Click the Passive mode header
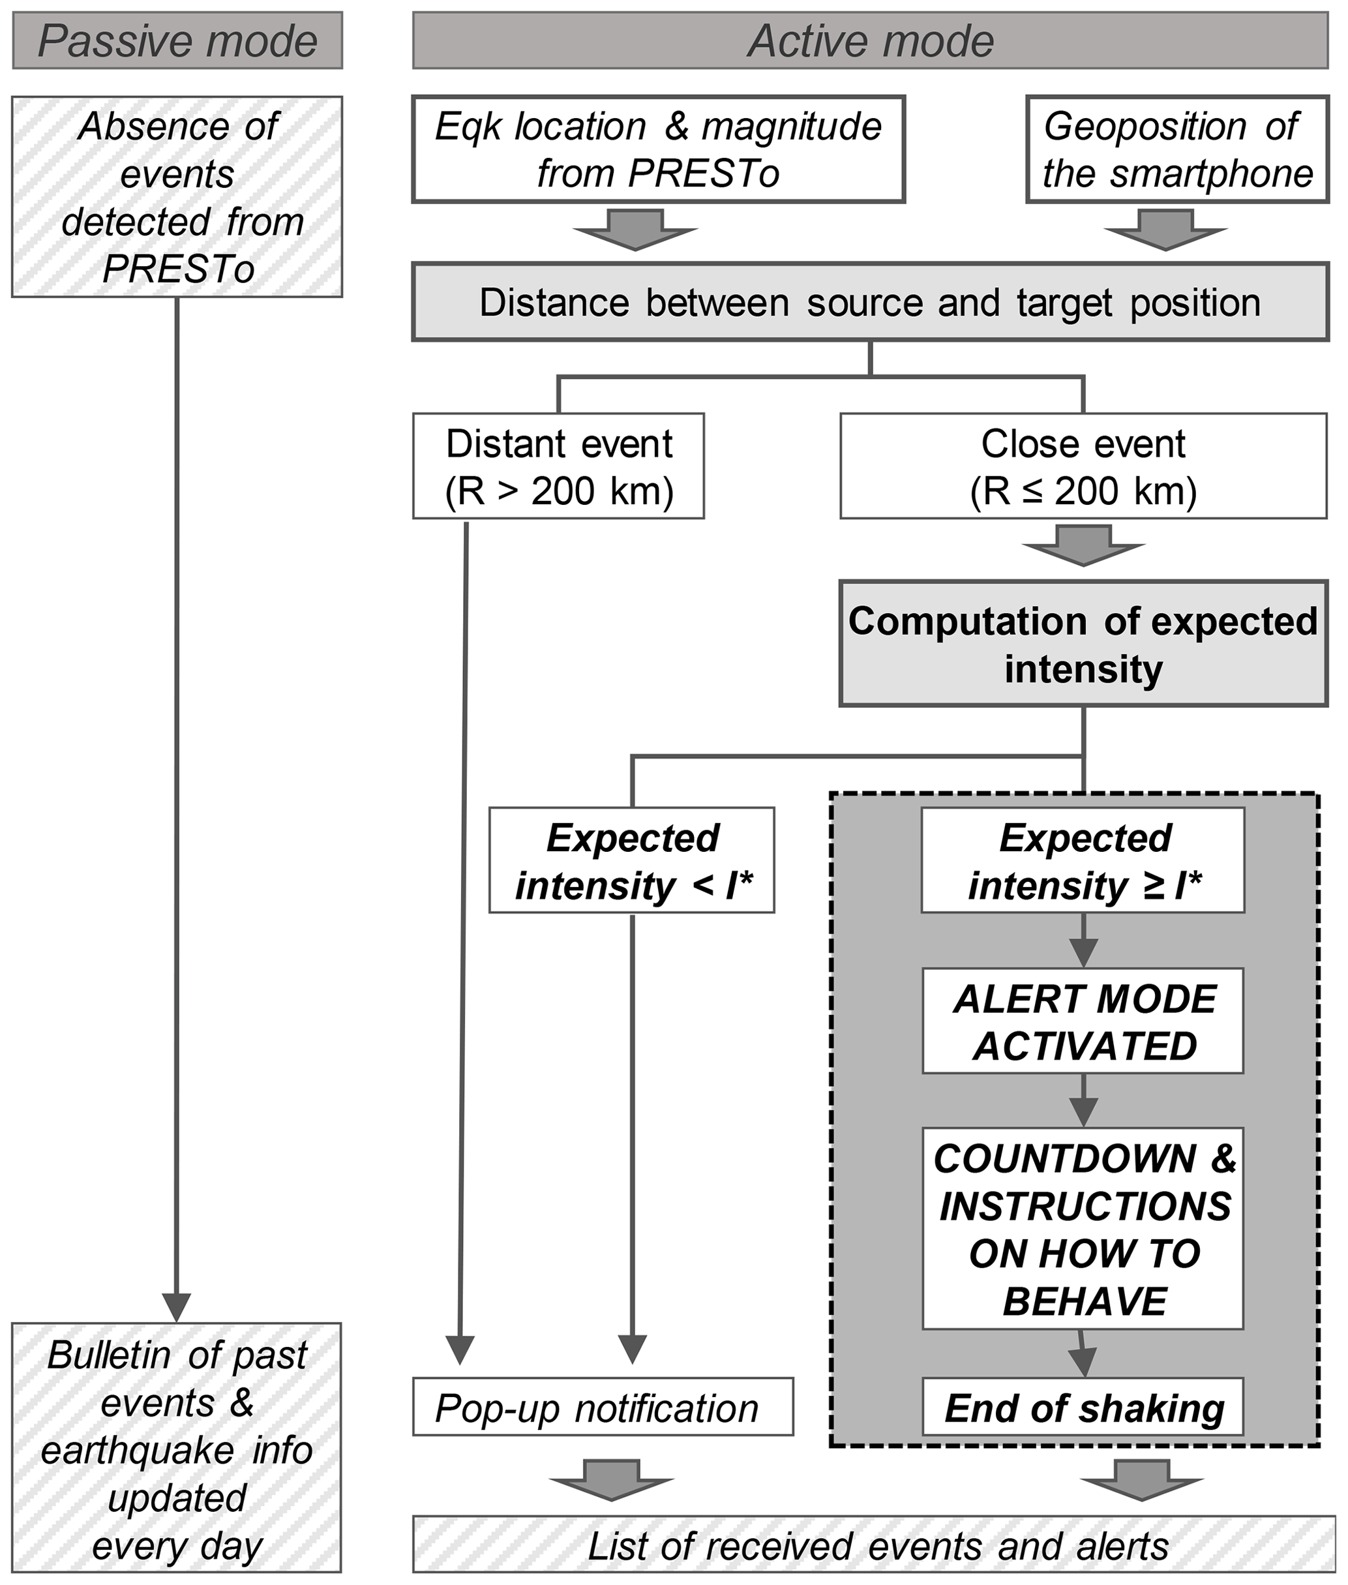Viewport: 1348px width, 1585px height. (177, 40)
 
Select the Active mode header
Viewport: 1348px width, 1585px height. (871, 40)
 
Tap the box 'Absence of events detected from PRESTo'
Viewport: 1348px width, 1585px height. (177, 196)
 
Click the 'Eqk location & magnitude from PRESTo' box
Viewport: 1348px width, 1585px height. (658, 149)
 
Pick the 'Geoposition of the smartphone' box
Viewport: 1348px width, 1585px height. (1177, 149)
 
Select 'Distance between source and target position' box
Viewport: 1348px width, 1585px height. (871, 302)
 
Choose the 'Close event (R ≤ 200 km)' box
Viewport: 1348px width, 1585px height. (1083, 466)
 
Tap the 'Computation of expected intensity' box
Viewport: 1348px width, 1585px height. (1083, 644)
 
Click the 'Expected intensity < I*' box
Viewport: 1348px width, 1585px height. (632, 860)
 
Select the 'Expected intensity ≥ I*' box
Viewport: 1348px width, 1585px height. (1083, 860)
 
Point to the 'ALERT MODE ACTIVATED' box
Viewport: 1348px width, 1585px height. (1083, 1021)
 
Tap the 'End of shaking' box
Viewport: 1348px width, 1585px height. (1083, 1408)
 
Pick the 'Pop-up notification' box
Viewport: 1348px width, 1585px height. (603, 1408)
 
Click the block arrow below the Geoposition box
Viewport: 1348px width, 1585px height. (1165, 230)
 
